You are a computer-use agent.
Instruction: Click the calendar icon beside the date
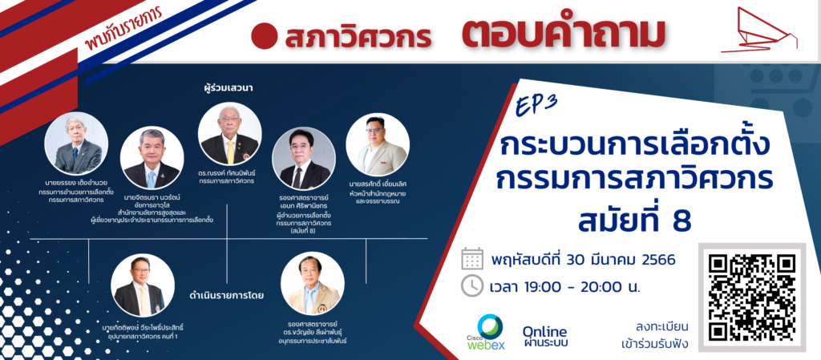(x=471, y=258)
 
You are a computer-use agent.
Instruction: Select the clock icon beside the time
(x=471, y=285)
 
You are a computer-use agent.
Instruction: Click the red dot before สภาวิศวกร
(x=264, y=36)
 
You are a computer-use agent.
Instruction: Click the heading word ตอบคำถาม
(x=563, y=35)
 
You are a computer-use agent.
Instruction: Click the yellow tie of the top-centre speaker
(x=230, y=152)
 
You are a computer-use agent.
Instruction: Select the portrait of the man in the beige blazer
(x=378, y=144)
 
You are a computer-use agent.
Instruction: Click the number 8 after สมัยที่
(x=683, y=220)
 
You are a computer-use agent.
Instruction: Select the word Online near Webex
(x=544, y=332)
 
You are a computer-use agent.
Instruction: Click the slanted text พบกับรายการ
(x=124, y=30)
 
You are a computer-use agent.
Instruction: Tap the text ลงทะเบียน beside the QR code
(x=661, y=328)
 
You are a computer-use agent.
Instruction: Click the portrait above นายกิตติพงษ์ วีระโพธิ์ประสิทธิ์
(x=143, y=285)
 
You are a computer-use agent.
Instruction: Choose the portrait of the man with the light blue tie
(x=152, y=157)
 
